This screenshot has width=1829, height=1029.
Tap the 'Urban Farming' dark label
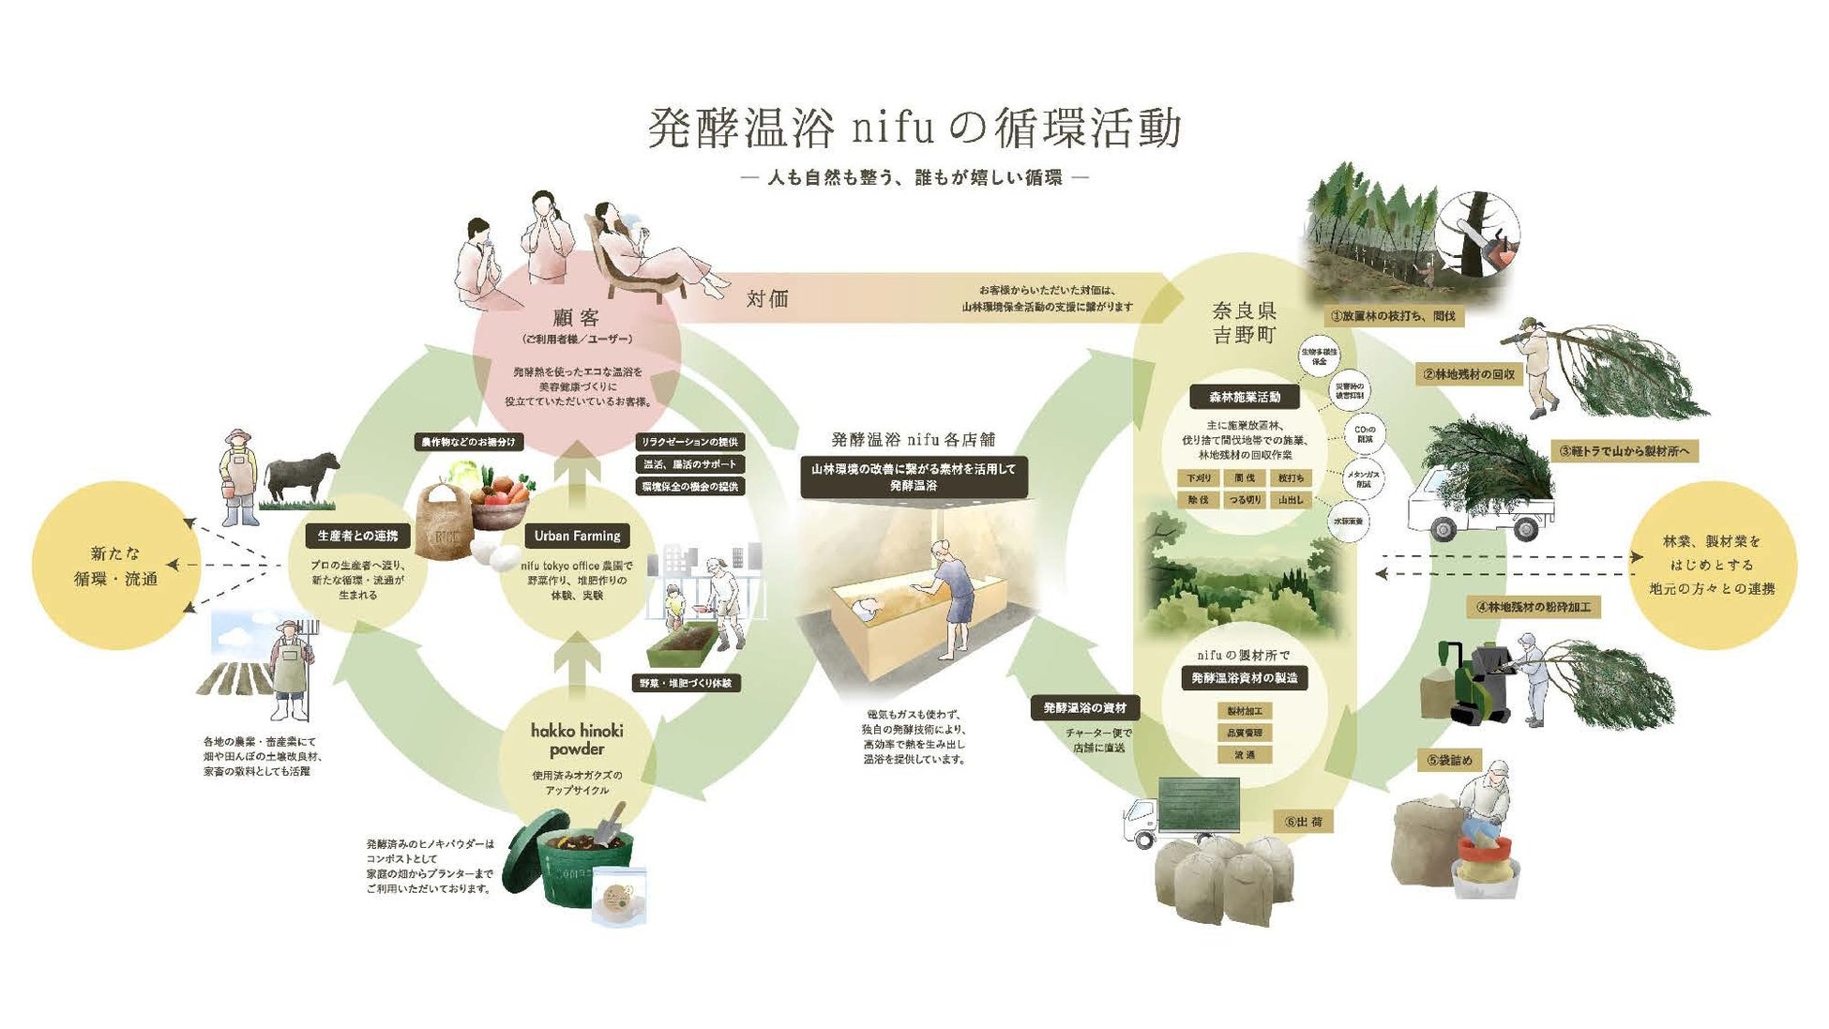point(577,536)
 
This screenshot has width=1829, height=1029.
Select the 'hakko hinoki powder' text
point(577,739)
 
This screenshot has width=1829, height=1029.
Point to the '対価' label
point(767,299)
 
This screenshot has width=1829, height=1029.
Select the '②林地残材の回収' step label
point(1468,374)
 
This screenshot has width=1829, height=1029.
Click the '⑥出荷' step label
point(1304,822)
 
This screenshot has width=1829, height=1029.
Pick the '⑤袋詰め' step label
point(1449,760)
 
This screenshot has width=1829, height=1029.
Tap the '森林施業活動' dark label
point(1245,397)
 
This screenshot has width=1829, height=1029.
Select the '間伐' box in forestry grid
point(1245,477)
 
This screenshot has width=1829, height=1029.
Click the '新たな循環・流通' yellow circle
point(116,566)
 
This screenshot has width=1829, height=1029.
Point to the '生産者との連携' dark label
point(357,536)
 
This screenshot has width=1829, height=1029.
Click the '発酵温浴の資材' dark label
point(1084,707)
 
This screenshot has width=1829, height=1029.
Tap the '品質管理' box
point(1245,733)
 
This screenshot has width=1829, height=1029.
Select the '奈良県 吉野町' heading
point(1245,323)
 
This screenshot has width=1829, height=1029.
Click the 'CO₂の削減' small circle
point(1365,434)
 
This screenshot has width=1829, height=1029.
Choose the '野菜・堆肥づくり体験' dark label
point(687,683)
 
